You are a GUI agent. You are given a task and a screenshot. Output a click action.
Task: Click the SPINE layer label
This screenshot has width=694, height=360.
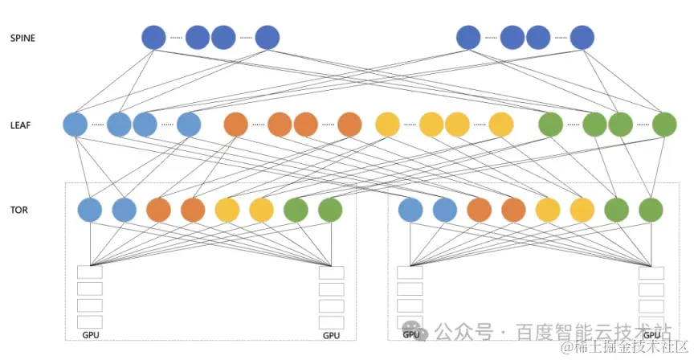[x=22, y=38]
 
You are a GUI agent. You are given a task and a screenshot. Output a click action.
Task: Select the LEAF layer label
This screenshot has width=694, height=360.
[x=20, y=125]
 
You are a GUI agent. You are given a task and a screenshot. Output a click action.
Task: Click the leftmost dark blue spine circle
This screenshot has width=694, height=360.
[x=153, y=38]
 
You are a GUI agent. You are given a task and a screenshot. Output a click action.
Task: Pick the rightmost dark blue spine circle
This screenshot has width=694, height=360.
[x=582, y=38]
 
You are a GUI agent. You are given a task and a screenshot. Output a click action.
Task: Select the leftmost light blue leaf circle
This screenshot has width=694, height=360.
[x=75, y=125]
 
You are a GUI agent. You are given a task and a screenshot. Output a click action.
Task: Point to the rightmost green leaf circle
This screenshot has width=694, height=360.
[x=664, y=125]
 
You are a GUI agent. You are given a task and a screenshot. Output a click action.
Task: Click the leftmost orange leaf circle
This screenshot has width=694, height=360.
[x=236, y=125]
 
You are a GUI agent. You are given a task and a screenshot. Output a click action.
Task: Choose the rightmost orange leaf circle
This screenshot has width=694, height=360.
[x=349, y=125]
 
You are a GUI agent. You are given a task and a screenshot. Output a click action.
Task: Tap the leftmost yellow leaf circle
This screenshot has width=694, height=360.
[x=387, y=125]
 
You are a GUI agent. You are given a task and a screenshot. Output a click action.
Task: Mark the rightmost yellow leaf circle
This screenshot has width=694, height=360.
[x=500, y=125]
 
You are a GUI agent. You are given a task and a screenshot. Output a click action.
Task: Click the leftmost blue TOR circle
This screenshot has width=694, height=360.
[x=90, y=211]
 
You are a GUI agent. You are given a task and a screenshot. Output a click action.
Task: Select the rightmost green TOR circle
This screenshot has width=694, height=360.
[x=651, y=211]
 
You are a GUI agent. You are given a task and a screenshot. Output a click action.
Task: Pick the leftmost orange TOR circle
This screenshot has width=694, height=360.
[x=159, y=211]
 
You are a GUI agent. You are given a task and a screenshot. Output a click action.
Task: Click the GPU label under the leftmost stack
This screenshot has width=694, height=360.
[x=91, y=333]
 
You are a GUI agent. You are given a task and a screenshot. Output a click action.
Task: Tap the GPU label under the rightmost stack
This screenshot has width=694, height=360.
[x=651, y=333]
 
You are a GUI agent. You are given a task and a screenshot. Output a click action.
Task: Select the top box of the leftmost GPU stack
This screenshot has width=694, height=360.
[x=90, y=272]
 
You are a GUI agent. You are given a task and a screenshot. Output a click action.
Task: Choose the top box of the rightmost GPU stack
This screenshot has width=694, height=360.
[x=651, y=272]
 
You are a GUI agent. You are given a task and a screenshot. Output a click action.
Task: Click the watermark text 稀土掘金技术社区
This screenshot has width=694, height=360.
[x=627, y=347]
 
